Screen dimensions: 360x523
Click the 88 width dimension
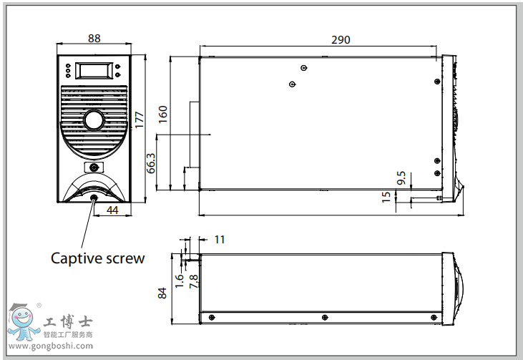94,38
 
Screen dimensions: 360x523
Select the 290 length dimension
341,40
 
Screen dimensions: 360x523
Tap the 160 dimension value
162,114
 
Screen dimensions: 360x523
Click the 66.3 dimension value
151,164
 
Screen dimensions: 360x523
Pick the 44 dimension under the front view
112,210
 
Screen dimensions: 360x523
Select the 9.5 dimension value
401,177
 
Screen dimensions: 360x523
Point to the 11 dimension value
219,240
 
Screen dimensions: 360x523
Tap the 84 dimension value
163,292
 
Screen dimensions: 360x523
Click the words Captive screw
97,258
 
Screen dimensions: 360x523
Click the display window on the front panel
94,71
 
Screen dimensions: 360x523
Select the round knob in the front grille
94,120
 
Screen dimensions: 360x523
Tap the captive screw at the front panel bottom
94,198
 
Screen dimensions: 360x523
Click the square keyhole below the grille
94,167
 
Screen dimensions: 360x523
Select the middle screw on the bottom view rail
324,317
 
